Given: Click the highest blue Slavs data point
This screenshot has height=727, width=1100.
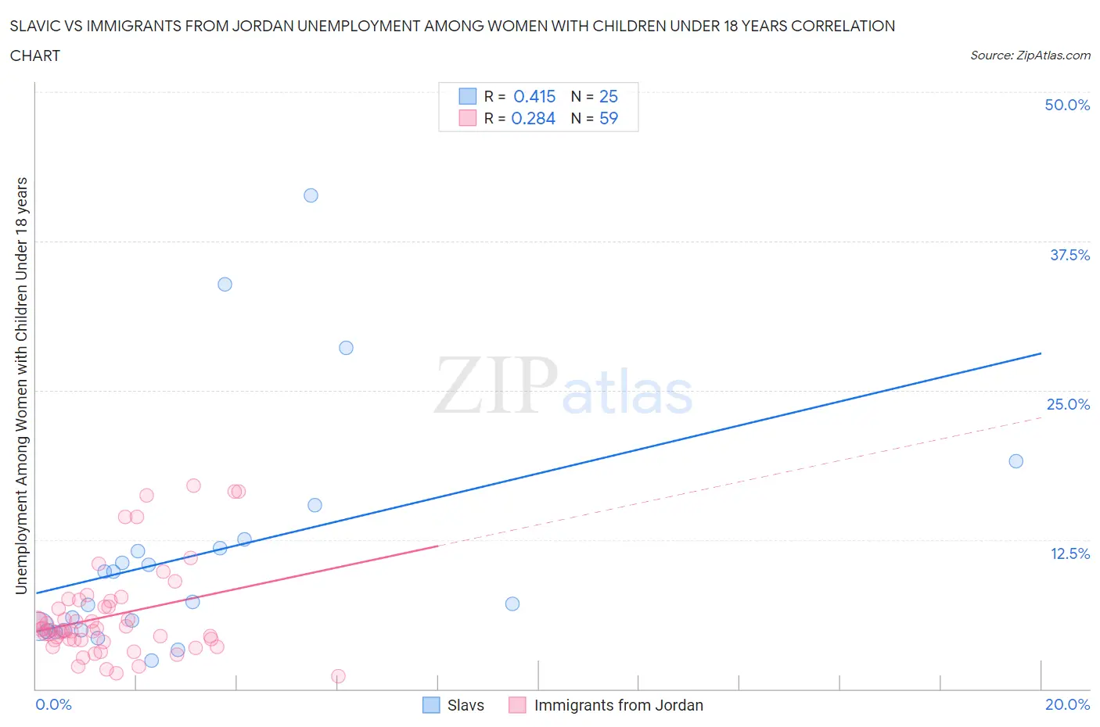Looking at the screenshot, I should pyautogui.click(x=311, y=195).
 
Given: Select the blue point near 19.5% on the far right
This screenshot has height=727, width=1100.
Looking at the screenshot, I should pyautogui.click(x=1016, y=461).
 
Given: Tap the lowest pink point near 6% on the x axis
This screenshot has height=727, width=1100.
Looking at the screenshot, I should pyautogui.click(x=338, y=676).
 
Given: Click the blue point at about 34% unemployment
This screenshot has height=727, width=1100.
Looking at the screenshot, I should pyautogui.click(x=225, y=285).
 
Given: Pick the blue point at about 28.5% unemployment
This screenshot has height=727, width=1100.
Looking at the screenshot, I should pyautogui.click(x=346, y=348).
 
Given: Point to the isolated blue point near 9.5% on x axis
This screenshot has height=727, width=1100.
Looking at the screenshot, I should pyautogui.click(x=512, y=603).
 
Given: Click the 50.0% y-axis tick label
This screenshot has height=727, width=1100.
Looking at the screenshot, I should pyautogui.click(x=1067, y=105).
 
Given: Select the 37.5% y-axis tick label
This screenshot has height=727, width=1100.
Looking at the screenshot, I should pyautogui.click(x=1069, y=255).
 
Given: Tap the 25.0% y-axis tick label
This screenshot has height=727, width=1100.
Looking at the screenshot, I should pyautogui.click(x=1068, y=404).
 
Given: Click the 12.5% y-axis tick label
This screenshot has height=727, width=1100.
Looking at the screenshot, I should pyautogui.click(x=1069, y=553).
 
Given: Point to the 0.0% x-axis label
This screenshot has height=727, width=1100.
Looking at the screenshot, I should pyautogui.click(x=53, y=704).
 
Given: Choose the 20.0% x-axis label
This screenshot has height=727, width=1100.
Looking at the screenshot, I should pyautogui.click(x=1067, y=704).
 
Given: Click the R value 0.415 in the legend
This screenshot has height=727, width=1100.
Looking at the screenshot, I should pyautogui.click(x=534, y=96).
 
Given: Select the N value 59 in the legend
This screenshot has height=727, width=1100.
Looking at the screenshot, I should pyautogui.click(x=608, y=118).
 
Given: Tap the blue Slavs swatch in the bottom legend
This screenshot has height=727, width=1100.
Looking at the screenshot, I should pyautogui.click(x=431, y=705).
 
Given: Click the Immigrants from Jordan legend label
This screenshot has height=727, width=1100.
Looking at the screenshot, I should pyautogui.click(x=618, y=705).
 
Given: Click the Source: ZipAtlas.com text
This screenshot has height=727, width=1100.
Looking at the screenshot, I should pyautogui.click(x=1030, y=56).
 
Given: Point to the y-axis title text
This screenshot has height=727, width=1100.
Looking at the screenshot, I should pyautogui.click(x=21, y=385).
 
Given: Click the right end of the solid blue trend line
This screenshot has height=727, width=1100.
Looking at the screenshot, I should pyautogui.click(x=1041, y=353).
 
